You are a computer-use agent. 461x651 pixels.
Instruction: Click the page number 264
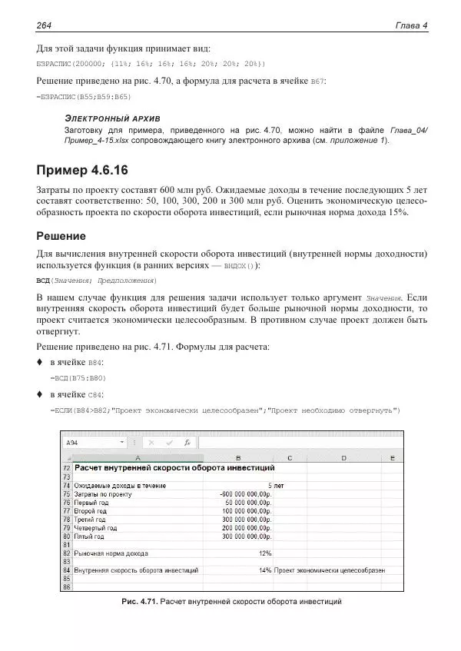(44, 25)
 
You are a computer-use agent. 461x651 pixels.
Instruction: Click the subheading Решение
(61, 236)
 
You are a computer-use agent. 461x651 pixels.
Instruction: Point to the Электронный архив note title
(112, 120)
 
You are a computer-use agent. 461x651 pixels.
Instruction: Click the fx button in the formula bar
(187, 443)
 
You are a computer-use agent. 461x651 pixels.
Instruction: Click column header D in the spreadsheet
(343, 457)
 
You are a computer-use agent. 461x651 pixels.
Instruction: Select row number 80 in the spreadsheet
(66, 536)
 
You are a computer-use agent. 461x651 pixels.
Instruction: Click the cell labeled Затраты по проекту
(103, 494)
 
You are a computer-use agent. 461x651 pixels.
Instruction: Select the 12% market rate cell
(265, 553)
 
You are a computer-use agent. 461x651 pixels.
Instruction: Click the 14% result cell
(265, 570)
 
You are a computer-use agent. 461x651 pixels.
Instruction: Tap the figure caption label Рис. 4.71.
(139, 601)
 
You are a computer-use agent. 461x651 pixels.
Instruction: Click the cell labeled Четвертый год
(95, 528)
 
